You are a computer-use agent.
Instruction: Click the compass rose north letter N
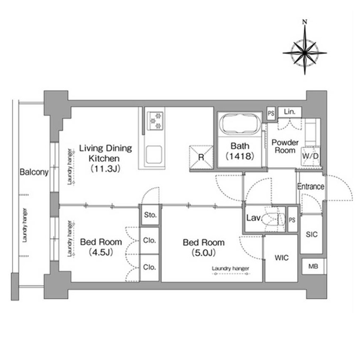(305, 22)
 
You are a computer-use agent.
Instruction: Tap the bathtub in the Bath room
(239, 124)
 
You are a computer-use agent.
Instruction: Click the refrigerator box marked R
(201, 157)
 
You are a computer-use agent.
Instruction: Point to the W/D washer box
(310, 156)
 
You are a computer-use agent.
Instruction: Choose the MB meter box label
(313, 266)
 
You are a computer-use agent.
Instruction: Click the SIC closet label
(311, 235)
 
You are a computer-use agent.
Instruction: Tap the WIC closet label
(281, 258)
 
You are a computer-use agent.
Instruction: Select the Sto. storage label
(150, 215)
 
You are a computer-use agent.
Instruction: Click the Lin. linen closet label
(290, 112)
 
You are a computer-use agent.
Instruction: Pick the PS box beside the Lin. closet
(271, 113)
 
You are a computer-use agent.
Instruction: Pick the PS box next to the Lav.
(292, 220)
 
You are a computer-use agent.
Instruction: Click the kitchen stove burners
(155, 121)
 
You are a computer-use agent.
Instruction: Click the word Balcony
(34, 172)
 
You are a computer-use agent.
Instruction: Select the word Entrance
(311, 187)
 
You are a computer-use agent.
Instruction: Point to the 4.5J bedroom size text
(101, 253)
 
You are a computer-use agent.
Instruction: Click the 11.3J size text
(106, 169)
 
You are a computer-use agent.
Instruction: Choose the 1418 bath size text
(239, 156)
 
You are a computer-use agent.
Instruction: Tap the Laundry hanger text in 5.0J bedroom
(230, 268)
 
